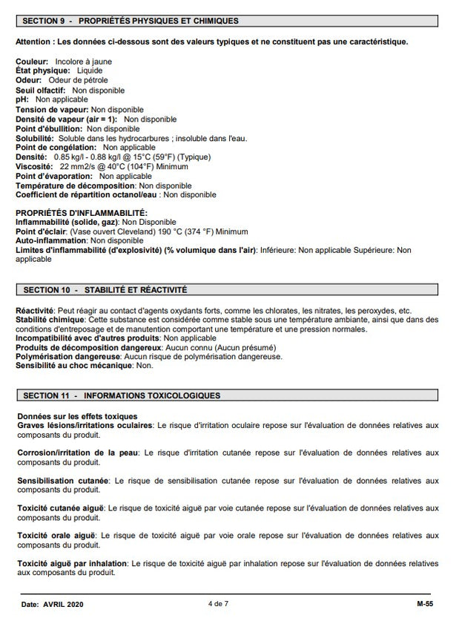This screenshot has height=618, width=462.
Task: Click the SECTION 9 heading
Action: coord(131,20)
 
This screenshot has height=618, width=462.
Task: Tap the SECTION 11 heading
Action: coord(122,395)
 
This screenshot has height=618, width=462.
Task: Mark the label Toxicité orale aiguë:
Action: coord(56,535)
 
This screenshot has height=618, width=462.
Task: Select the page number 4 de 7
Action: coord(219,605)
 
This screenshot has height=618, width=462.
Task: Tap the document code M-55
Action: coord(426,605)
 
